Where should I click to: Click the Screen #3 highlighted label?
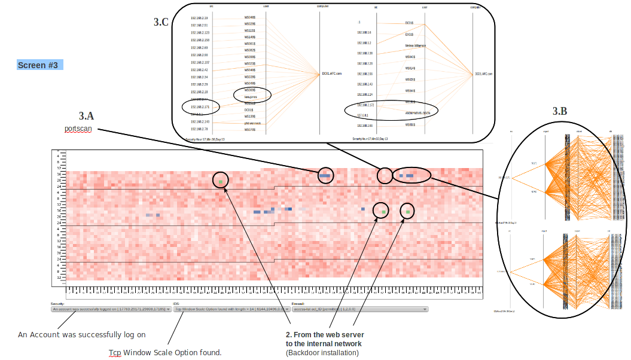tap(38, 65)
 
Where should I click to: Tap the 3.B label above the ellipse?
tap(559, 111)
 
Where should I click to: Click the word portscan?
tap(78, 129)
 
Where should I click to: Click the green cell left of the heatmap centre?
tap(221, 181)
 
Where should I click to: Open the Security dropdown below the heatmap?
tap(111, 309)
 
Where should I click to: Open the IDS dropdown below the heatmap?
tap(230, 309)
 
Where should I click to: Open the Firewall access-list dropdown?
tap(360, 309)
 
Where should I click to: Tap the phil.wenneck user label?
tap(252, 123)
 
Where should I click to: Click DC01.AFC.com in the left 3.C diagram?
tap(331, 74)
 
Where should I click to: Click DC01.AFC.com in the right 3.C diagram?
tap(483, 74)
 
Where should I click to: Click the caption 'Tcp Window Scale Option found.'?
tap(165, 353)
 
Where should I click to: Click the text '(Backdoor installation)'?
tap(322, 353)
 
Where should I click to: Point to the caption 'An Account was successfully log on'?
tap(82, 335)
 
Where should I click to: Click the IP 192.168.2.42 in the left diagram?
tap(200, 70)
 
